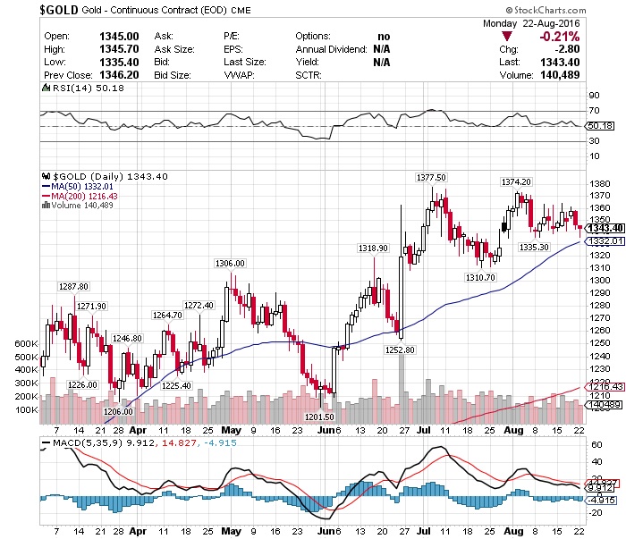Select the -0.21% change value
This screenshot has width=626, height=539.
pos(560,36)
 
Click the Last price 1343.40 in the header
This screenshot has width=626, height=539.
pos(560,63)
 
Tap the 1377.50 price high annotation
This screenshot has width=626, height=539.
pos(431,178)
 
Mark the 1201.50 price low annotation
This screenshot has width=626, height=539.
pos(319,417)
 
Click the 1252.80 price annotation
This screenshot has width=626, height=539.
pos(400,350)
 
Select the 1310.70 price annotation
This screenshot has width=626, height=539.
pos(479,278)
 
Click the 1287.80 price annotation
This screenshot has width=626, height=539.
pos(73,286)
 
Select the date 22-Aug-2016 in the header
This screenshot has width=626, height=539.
pos(550,23)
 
